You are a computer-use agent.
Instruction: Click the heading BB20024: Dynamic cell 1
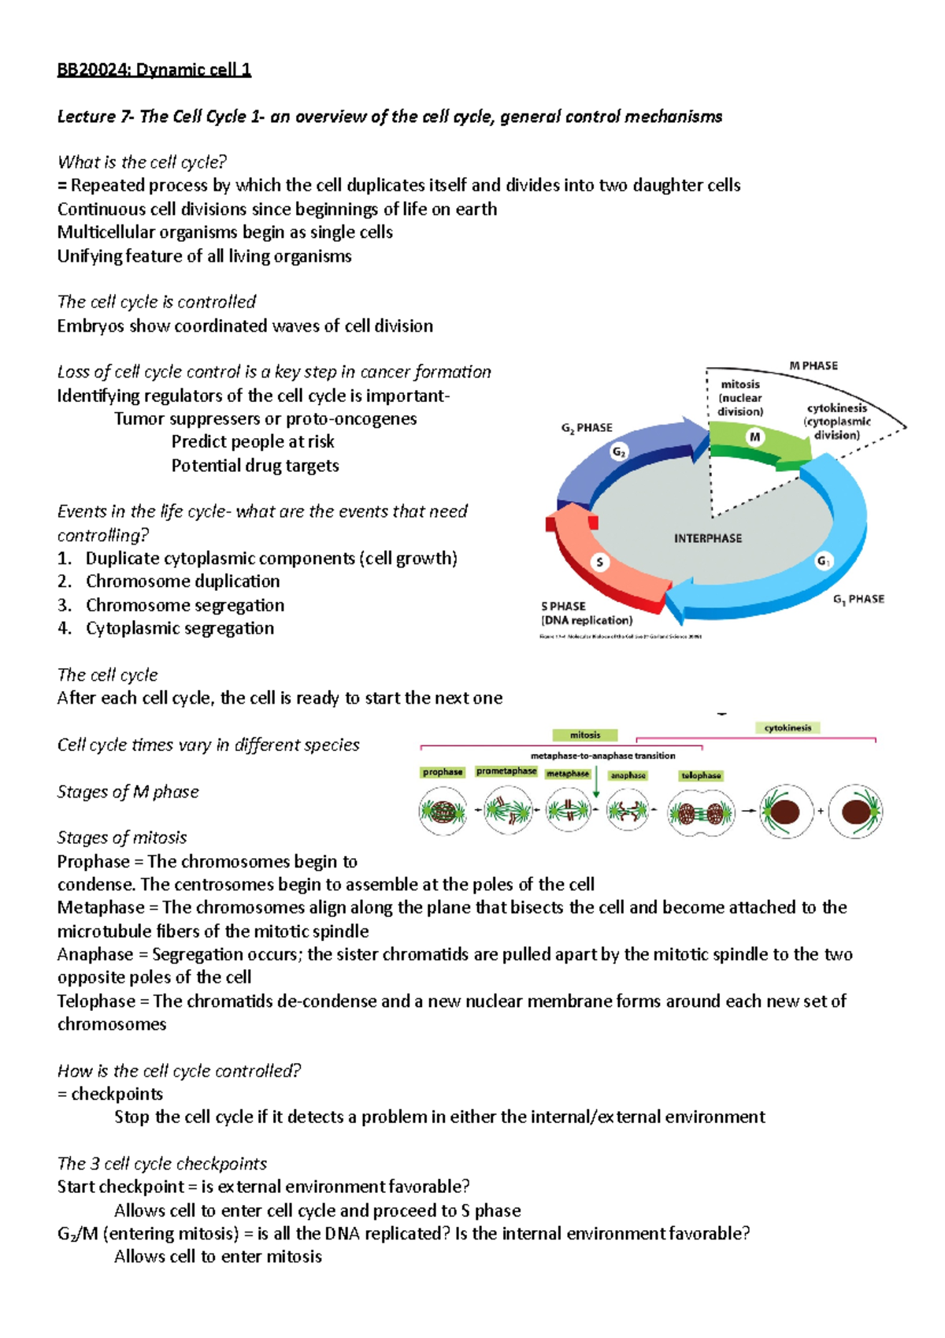154,70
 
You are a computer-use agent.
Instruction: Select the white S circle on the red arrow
600,563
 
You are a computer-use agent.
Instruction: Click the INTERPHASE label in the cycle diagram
707,538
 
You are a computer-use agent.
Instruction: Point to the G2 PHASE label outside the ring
587,428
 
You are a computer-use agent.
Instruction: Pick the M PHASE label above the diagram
813,366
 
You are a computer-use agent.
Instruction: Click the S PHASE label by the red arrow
563,606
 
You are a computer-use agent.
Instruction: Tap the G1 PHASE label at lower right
858,600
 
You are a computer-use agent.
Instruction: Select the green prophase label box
443,772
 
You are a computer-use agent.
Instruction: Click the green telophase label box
701,775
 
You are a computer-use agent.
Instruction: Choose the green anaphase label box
628,775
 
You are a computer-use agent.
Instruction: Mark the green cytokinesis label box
787,728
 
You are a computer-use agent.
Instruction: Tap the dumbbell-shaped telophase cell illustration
701,812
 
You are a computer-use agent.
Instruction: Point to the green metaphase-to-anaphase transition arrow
596,783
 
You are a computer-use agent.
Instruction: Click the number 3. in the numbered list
65,605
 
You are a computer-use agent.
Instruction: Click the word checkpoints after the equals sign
117,1094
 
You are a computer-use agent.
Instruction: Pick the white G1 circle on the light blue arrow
824,561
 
